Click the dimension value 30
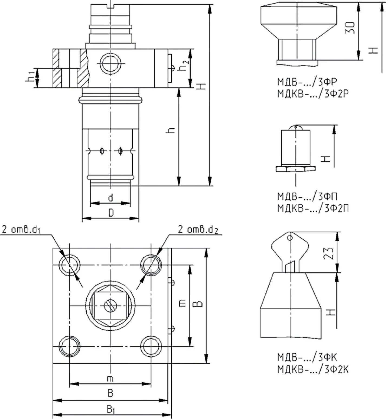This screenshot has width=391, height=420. pos(351,28)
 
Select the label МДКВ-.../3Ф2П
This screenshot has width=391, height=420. pos(313,208)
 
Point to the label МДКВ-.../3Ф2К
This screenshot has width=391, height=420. pos(313,369)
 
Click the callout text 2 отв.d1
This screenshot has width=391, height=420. pos(21,230)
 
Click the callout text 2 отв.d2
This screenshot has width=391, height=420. pos(198,230)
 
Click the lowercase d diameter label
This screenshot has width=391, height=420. pos(110,198)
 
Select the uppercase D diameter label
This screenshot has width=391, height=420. pos(111,213)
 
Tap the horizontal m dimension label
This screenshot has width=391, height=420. pos(110,379)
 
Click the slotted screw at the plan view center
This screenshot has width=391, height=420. pos(110,305)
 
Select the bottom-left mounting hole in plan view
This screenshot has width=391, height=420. pos(70,346)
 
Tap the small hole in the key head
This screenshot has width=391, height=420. pos(290,238)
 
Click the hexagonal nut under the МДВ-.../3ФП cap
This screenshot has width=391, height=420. pos(295,169)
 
